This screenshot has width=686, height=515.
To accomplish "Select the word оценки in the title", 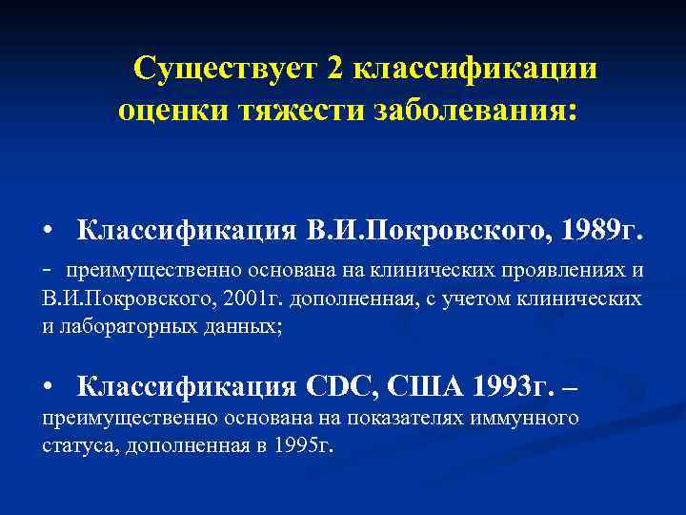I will (167, 111).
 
